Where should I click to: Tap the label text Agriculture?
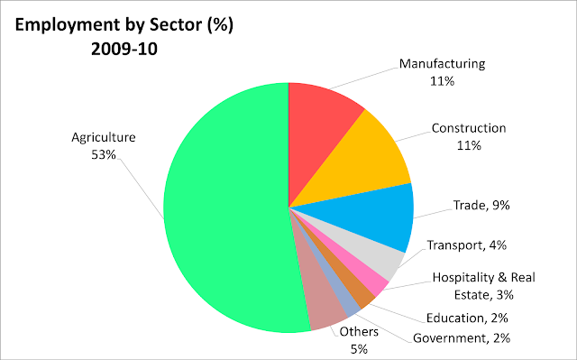pyautogui.click(x=103, y=138)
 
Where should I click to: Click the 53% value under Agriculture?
pyautogui.click(x=103, y=153)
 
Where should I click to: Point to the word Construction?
pyautogui.click(x=468, y=128)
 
